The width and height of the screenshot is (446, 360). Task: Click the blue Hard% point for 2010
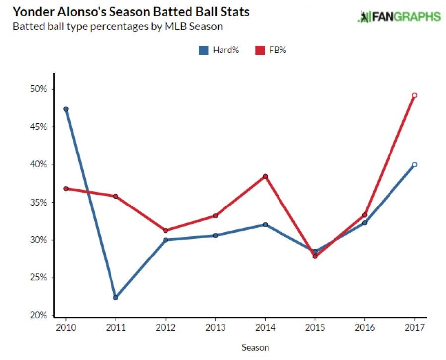(x=66, y=109)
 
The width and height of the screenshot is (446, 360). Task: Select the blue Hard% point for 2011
(x=115, y=297)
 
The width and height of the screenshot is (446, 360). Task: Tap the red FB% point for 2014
(x=265, y=176)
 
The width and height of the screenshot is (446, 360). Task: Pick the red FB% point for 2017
(x=414, y=95)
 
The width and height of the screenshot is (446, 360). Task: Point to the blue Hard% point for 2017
(x=414, y=164)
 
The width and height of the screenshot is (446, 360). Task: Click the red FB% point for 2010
(x=66, y=188)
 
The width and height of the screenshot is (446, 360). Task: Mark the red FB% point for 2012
(x=165, y=230)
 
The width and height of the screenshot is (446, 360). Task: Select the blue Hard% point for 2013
(x=215, y=235)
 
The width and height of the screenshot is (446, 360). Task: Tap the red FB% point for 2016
(x=365, y=215)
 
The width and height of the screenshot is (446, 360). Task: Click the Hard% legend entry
(x=219, y=50)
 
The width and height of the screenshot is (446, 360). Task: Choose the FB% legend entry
(x=270, y=50)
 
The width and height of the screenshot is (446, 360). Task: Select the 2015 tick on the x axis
(x=315, y=327)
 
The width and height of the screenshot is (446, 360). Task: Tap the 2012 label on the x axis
(x=165, y=327)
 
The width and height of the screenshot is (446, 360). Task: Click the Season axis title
(x=255, y=347)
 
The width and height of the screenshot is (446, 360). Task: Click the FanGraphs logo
(x=398, y=16)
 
